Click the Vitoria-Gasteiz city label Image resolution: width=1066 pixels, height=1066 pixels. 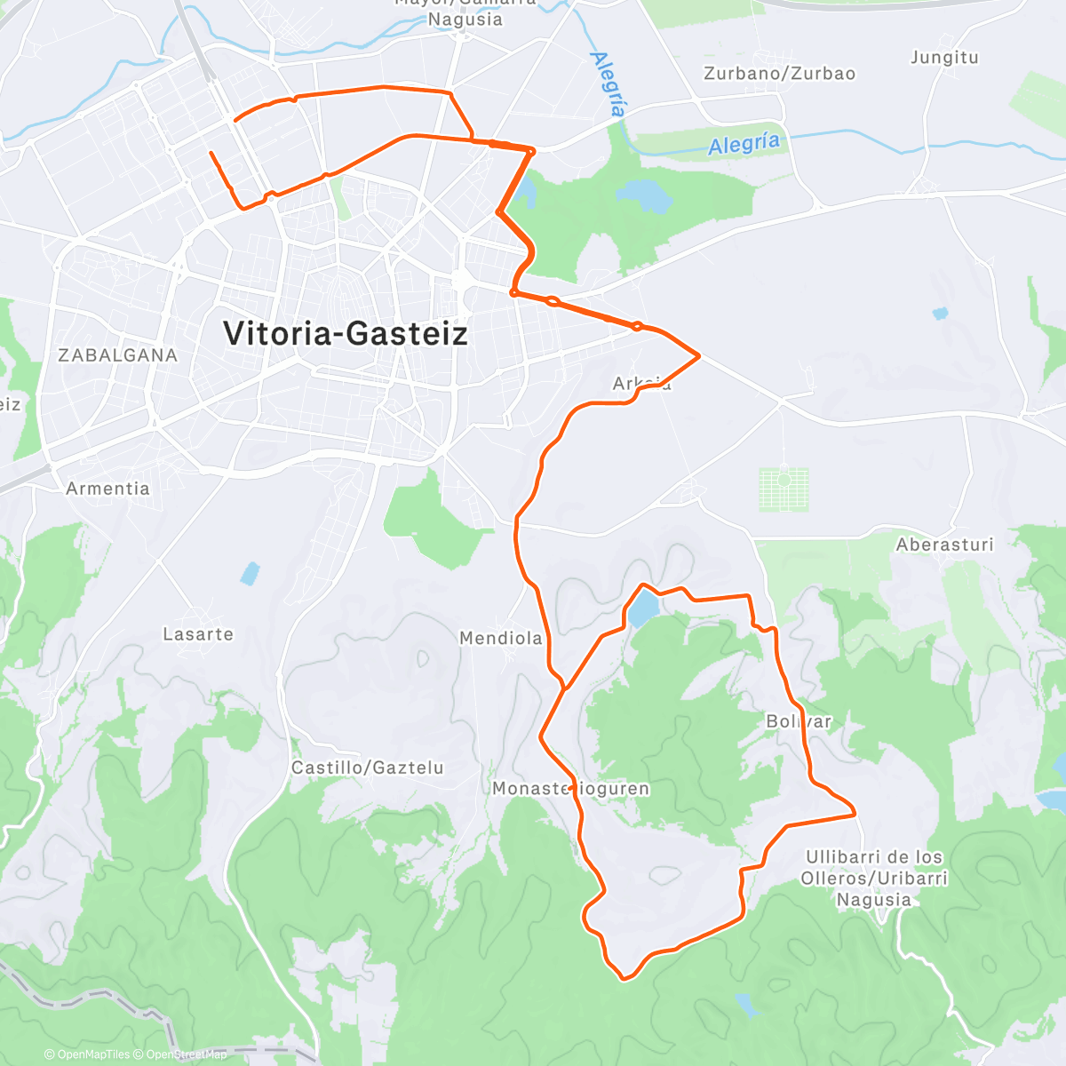(345, 333)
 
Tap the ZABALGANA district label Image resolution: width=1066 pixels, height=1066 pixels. (117, 355)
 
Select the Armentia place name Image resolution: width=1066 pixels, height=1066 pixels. (107, 489)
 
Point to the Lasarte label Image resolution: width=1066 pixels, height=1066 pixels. (198, 634)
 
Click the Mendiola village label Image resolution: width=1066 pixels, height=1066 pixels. (500, 638)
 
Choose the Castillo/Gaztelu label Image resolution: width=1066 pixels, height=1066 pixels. (367, 768)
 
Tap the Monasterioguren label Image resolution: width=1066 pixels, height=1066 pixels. (570, 789)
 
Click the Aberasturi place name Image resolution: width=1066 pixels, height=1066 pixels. (944, 545)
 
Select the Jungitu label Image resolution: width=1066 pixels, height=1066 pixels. (944, 58)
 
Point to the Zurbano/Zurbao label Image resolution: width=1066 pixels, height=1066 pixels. (779, 74)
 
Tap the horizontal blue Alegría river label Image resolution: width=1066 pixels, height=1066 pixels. (744, 144)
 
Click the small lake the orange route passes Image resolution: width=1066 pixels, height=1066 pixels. (643, 609)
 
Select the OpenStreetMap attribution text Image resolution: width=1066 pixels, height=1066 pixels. (186, 1054)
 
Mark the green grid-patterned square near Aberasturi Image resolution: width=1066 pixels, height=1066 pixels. (784, 489)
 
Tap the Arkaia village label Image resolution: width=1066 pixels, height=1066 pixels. (641, 384)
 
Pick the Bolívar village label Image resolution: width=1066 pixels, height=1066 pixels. (799, 721)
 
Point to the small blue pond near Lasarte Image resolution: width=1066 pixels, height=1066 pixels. (251, 573)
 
